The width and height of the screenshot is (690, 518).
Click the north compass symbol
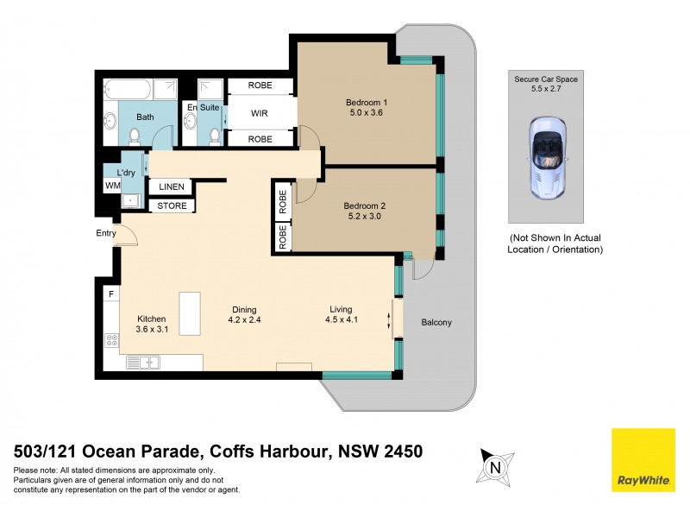(x=495, y=467)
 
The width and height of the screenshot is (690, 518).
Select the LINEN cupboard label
(x=172, y=187)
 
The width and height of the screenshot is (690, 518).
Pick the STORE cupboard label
(x=172, y=205)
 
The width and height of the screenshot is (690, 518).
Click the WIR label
(x=260, y=113)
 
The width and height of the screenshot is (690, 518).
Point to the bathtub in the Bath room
(x=141, y=89)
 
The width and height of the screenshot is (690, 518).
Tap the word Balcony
(x=436, y=323)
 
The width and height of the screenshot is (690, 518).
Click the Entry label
(x=105, y=233)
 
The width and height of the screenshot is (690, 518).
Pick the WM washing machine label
(x=112, y=185)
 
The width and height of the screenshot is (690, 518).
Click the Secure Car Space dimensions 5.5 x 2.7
(x=546, y=88)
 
